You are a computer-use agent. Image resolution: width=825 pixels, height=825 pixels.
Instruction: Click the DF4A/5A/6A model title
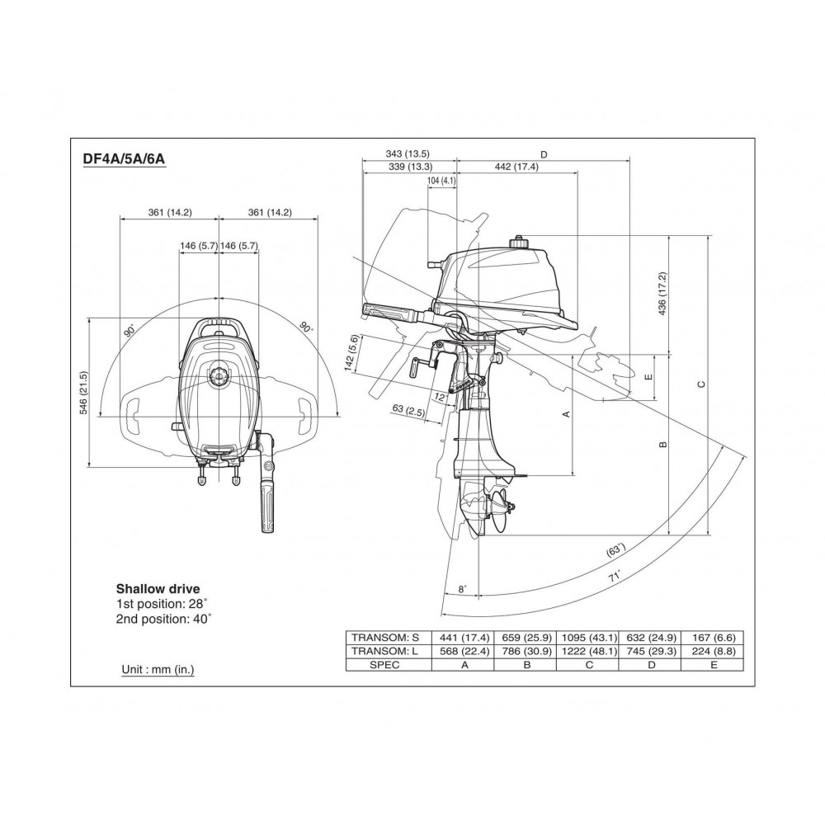[x=125, y=159]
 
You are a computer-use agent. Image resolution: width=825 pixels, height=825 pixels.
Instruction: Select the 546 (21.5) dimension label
[x=83, y=393]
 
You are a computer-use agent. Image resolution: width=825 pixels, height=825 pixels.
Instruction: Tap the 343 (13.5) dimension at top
[x=408, y=153]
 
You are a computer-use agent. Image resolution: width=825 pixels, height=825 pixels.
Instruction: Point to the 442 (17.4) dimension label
[x=516, y=167]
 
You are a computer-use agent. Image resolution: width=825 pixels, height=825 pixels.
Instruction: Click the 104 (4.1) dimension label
[x=441, y=181]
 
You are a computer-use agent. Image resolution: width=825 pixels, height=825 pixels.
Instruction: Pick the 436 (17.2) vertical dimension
[x=662, y=294]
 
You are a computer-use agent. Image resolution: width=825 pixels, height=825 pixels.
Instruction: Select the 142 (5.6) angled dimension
[x=352, y=352]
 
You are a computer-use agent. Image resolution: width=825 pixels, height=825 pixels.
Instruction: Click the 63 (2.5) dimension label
[x=408, y=410]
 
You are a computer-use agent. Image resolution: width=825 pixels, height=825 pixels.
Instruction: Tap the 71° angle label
[x=615, y=576]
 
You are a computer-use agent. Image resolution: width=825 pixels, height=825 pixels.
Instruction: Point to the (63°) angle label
[x=616, y=550]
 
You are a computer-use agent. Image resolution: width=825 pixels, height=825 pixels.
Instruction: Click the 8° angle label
[x=463, y=589]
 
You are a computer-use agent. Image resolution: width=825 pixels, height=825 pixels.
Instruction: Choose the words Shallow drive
[x=158, y=589]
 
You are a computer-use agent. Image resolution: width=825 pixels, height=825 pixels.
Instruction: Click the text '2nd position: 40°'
[x=163, y=619]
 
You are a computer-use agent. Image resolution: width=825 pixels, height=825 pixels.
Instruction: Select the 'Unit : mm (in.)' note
[x=158, y=669]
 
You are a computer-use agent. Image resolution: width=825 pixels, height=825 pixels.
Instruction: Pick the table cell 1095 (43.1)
[x=589, y=638]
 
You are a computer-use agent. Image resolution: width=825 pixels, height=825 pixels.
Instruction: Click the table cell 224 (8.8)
[x=714, y=652]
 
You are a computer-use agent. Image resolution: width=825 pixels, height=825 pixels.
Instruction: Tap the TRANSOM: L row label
[x=385, y=652]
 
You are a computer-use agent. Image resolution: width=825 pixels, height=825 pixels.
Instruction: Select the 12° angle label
[x=440, y=398]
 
